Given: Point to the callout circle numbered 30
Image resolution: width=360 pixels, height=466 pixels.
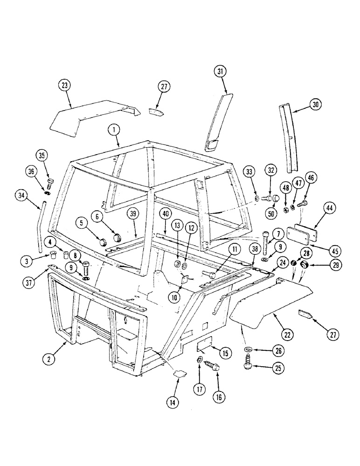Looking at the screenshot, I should pyautogui.click(x=315, y=105).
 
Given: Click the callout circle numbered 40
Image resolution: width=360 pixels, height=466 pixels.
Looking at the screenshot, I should pyautogui.click(x=165, y=214).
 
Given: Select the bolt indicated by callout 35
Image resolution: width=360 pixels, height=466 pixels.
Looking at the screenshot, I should pyautogui.click(x=50, y=180).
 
